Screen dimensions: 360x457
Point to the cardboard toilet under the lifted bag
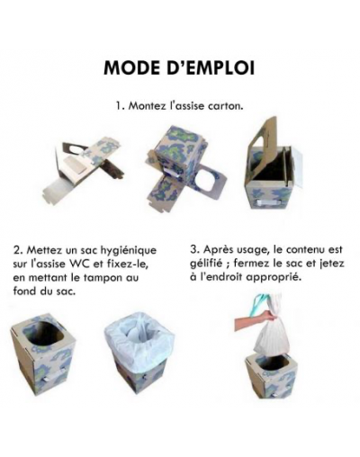272,375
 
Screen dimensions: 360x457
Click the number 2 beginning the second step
18,250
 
